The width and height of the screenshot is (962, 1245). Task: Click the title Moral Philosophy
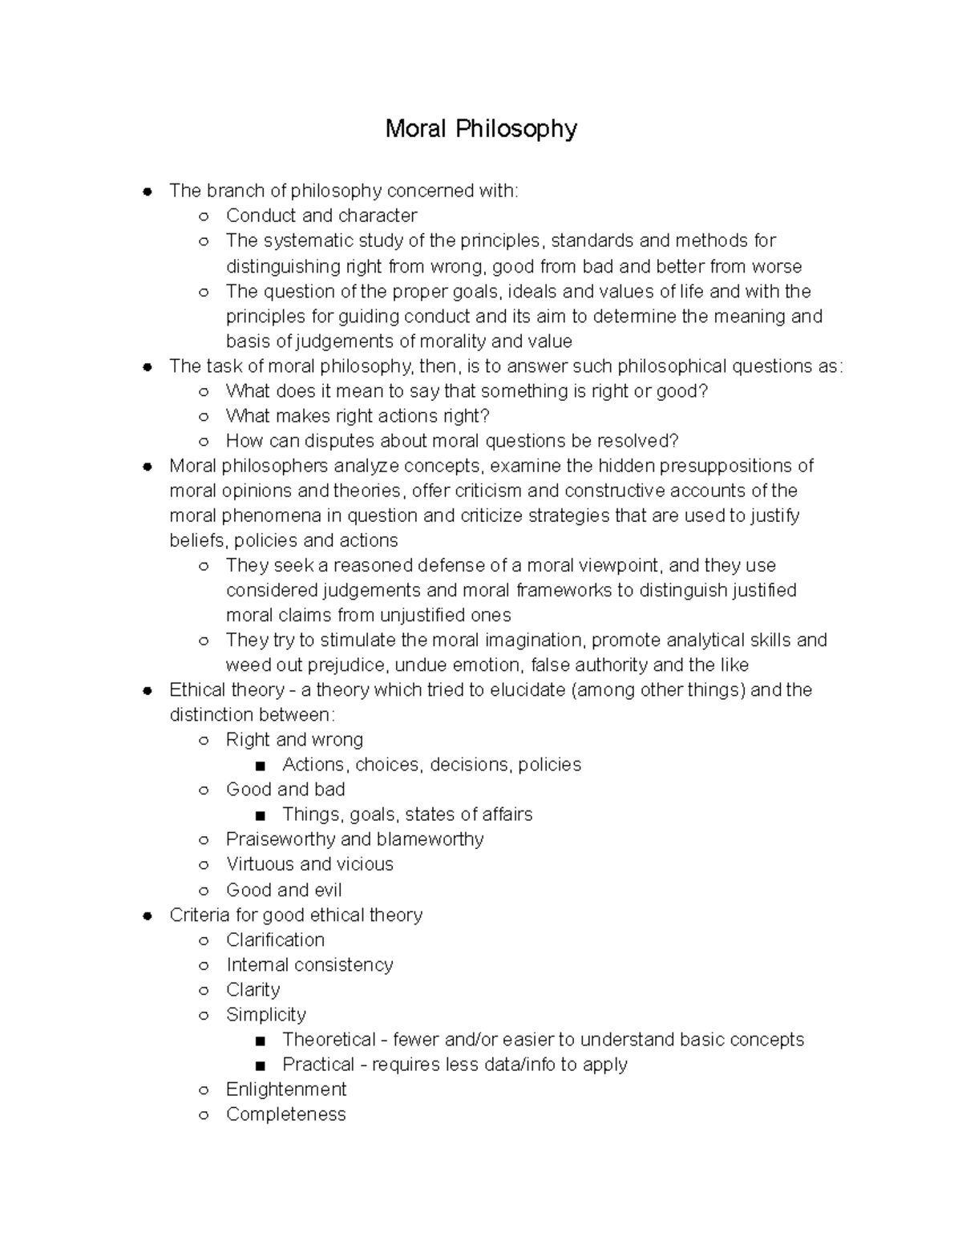[480, 129]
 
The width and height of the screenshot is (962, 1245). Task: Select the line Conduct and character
[321, 216]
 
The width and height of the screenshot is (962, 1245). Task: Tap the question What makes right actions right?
[358, 415]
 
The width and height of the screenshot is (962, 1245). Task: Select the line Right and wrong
[294, 740]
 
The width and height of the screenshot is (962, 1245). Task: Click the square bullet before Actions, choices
[259, 766]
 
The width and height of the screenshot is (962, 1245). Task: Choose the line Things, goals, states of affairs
[407, 815]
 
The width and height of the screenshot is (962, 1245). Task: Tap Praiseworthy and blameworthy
[354, 839]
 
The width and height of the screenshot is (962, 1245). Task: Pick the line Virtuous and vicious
[309, 864]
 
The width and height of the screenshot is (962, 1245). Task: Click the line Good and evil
[284, 890]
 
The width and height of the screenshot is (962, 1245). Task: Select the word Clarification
[275, 940]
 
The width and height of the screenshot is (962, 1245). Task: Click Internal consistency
[309, 964]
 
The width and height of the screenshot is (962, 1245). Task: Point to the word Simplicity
[266, 1014]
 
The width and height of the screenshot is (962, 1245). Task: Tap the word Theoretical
[329, 1040]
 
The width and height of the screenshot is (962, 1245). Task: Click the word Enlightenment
[286, 1089]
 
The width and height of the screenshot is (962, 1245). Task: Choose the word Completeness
[285, 1114]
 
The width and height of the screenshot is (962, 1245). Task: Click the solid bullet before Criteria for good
[147, 916]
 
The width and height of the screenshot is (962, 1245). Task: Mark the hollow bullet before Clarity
[204, 990]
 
